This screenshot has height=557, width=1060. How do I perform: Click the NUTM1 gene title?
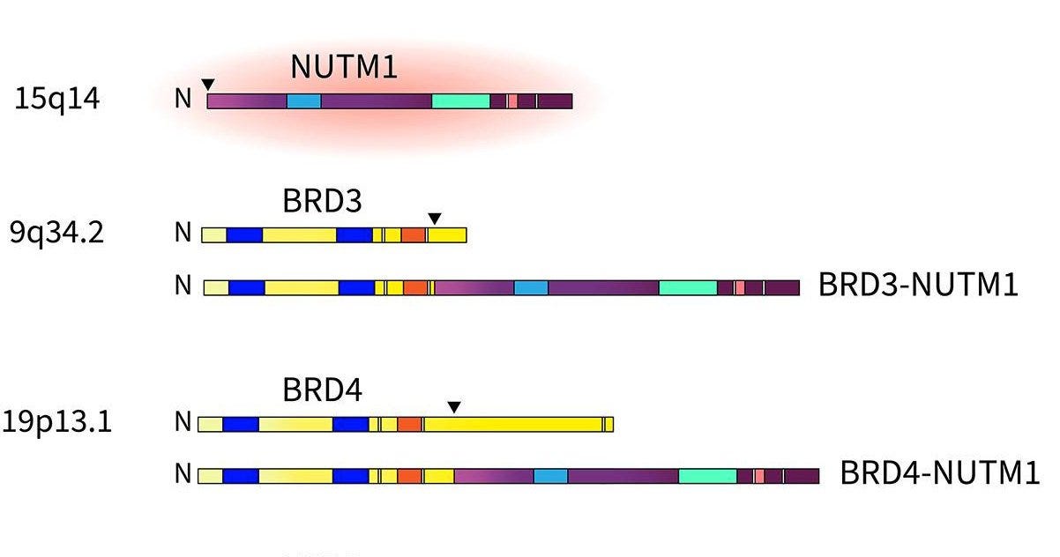(x=344, y=67)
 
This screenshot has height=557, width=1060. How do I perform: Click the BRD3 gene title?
(x=322, y=202)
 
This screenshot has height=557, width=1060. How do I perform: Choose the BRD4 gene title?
(x=322, y=390)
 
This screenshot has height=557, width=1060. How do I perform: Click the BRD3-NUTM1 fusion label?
(x=918, y=286)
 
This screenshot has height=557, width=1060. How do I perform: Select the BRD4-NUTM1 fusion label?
(x=939, y=474)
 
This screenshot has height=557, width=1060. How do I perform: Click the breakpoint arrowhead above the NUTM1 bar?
(x=207, y=85)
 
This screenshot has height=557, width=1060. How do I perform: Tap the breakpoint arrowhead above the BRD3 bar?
(x=434, y=219)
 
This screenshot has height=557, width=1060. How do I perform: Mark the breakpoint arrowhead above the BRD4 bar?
(x=454, y=407)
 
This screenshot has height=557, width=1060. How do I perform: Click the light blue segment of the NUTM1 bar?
(x=304, y=101)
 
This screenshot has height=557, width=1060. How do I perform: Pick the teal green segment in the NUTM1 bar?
(x=460, y=101)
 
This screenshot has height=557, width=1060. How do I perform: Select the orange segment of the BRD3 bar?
(x=414, y=235)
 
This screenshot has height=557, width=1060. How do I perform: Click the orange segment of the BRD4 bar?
(x=409, y=425)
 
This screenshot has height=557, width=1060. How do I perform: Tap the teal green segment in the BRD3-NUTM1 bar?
(x=688, y=287)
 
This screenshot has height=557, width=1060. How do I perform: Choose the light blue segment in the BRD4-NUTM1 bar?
(x=550, y=476)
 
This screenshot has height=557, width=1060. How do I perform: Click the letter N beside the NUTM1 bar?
(x=183, y=99)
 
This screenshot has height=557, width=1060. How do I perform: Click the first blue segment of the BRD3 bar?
(x=244, y=235)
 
